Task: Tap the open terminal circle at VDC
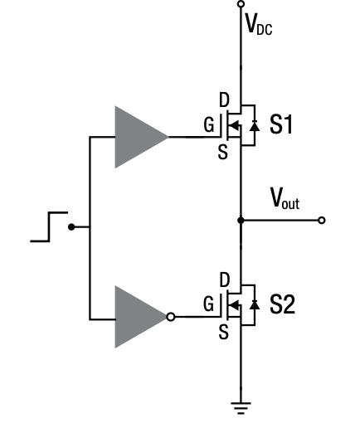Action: pos(241,4)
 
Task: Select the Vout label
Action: pos(285,198)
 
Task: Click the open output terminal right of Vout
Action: pos(322,221)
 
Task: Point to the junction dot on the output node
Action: pos(241,221)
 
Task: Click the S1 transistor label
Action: pos(280,127)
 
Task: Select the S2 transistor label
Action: pos(282,305)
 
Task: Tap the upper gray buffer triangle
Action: pos(138,137)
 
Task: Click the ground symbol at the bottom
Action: pos(241,406)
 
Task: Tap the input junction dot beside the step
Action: pos(72,226)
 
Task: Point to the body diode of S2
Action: pos(254,305)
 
